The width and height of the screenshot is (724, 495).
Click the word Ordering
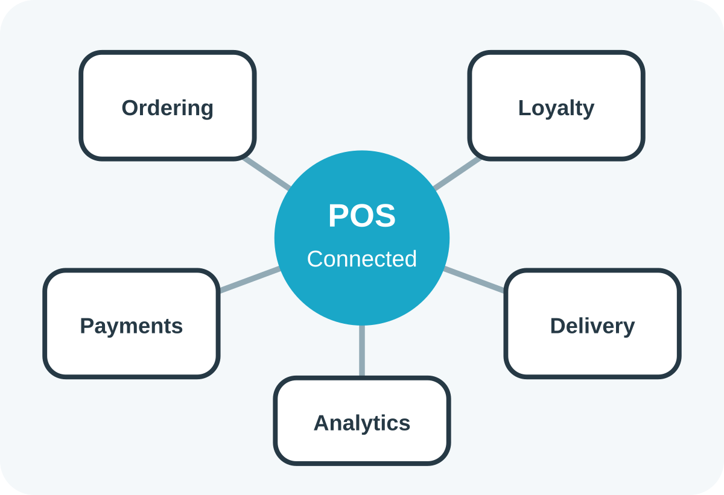(x=168, y=109)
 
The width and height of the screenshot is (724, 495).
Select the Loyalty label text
(x=556, y=109)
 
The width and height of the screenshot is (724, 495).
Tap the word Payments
(x=132, y=326)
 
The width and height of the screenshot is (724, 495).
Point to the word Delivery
(x=592, y=326)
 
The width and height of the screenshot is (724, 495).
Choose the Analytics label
(x=361, y=423)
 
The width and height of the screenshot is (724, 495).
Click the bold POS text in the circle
(x=361, y=215)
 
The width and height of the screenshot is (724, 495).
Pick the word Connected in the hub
(x=361, y=259)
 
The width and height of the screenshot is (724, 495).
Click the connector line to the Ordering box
(x=267, y=174)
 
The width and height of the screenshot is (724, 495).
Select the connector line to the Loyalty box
(x=457, y=174)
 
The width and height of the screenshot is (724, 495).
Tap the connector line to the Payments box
(x=250, y=280)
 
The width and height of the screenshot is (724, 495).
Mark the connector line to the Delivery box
(x=474, y=280)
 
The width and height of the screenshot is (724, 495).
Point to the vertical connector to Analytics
(x=362, y=351)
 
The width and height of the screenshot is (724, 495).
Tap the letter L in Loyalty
(x=524, y=108)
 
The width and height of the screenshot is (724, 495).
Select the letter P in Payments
(x=87, y=326)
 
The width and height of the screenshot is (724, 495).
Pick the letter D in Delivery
(x=558, y=326)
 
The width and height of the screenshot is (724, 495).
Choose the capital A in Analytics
(x=322, y=423)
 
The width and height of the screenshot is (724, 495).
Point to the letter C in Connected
(x=315, y=259)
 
